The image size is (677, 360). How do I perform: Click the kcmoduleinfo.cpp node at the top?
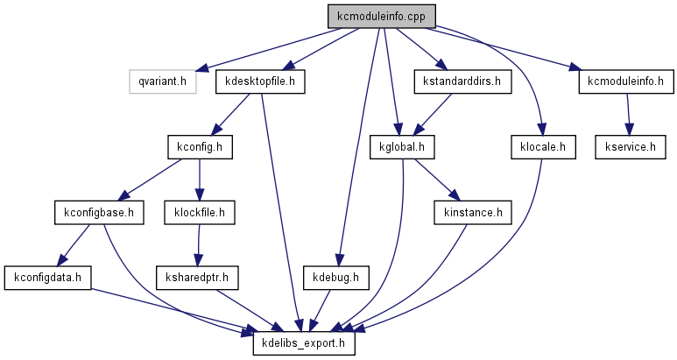pos(381,17)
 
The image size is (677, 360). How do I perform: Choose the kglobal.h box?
pos(402,146)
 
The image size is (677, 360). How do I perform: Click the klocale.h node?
pos(542,146)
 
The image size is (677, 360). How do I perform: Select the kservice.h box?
pos(624,146)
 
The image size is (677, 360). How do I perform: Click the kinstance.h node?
pos(473,212)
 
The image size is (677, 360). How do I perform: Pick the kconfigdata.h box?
pos(48,278)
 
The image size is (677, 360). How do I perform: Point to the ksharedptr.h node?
pos(198,278)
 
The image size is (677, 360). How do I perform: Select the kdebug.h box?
pos(336,278)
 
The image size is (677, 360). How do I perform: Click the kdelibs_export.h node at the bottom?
pos(304,343)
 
